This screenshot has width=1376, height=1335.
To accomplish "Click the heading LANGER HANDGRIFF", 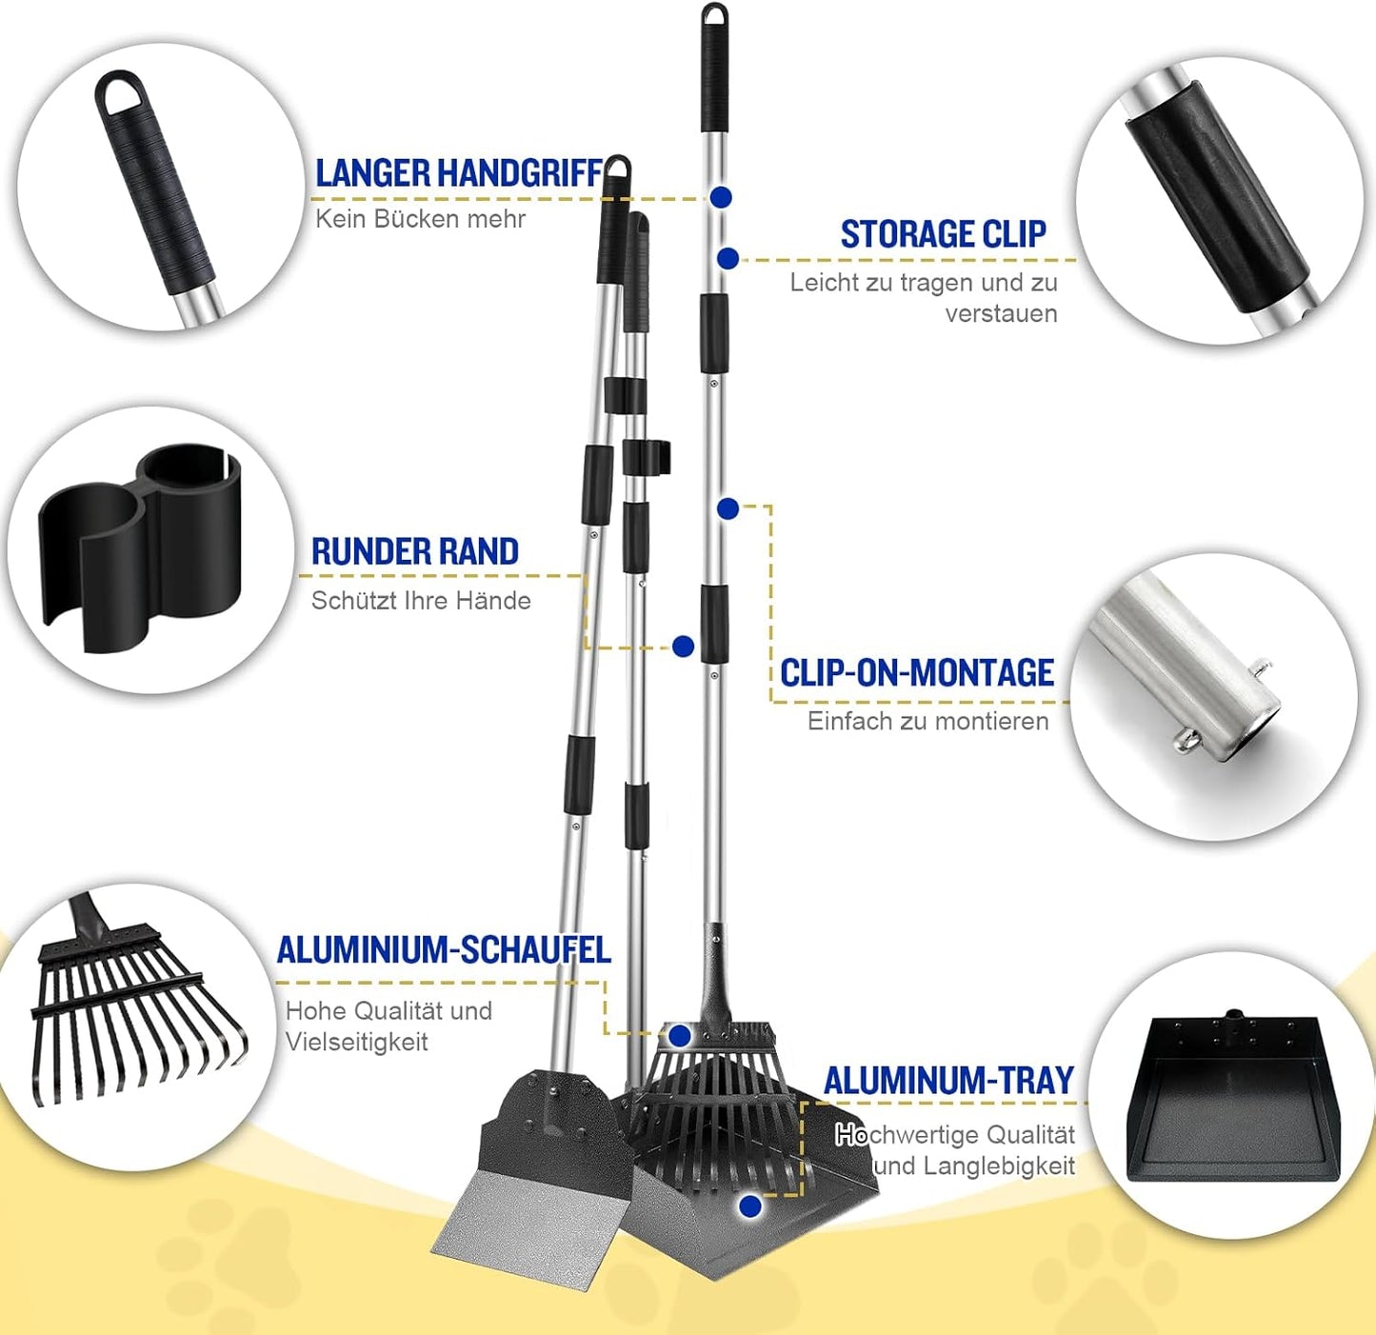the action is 459,174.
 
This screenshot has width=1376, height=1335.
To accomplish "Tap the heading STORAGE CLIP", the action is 944,234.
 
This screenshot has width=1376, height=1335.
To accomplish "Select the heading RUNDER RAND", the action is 415,551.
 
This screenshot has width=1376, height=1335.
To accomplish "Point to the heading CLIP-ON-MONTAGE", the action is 917,672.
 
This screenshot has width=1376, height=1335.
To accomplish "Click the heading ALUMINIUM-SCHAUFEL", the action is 444,949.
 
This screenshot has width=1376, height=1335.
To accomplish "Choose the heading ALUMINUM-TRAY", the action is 949,1081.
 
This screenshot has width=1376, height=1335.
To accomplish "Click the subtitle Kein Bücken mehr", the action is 420,219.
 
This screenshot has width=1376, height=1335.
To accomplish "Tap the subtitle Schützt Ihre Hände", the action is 421,601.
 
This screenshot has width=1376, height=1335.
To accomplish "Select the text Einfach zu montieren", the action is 927,721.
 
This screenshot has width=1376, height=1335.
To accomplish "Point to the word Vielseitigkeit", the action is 356,1042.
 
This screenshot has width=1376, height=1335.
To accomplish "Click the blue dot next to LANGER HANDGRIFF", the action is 721,197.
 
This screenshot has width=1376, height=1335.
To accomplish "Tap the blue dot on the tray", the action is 750,1206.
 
